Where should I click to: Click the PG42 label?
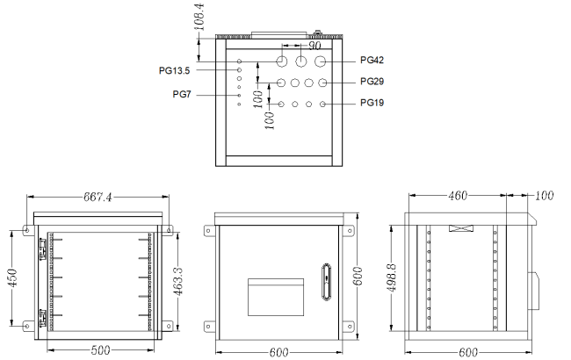click(x=372, y=60)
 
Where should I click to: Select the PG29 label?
click(x=372, y=81)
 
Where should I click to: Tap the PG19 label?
click(x=372, y=103)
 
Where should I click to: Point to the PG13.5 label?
click(x=175, y=70)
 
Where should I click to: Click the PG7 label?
click(x=182, y=95)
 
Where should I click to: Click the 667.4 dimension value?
click(x=98, y=197)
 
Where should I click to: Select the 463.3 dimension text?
click(x=177, y=281)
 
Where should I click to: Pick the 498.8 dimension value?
click(x=392, y=277)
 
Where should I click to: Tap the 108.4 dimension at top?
click(x=199, y=17)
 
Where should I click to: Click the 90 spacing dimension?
click(x=314, y=46)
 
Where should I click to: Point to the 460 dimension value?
click(x=458, y=196)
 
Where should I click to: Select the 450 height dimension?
click(x=13, y=277)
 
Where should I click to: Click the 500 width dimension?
click(x=100, y=350)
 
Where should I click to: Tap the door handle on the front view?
click(x=326, y=282)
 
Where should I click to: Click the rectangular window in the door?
click(x=276, y=297)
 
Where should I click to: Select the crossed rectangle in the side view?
click(x=461, y=228)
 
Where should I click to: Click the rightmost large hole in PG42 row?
click(x=320, y=61)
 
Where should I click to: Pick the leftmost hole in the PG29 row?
click(x=281, y=83)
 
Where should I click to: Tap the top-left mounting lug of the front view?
click(x=209, y=231)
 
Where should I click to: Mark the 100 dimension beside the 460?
click(x=545, y=196)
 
